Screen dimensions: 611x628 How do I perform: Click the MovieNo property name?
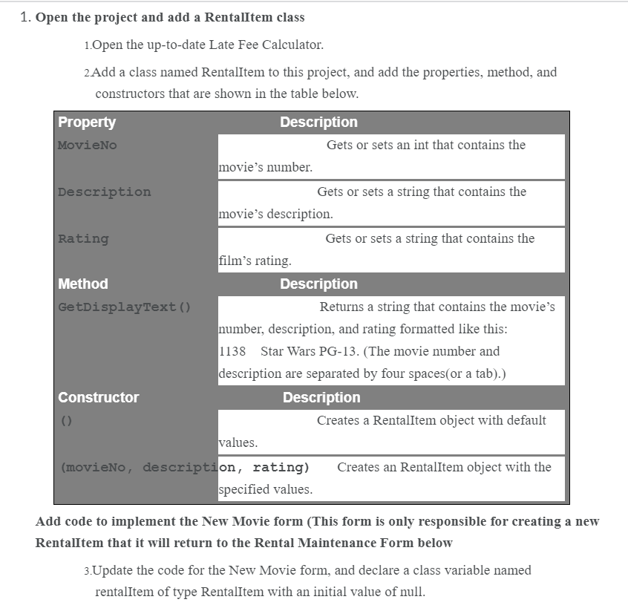coord(88,146)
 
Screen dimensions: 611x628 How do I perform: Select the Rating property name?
coord(83,239)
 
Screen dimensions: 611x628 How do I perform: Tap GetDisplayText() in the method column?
coord(125,307)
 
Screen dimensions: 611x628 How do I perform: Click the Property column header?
coord(87,122)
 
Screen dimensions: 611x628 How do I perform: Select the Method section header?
coord(83,284)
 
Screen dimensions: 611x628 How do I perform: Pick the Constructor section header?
coord(99,398)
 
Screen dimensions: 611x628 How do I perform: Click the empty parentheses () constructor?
coord(66,421)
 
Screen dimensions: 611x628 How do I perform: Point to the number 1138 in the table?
coord(233,351)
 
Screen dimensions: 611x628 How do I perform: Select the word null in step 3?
coord(409,592)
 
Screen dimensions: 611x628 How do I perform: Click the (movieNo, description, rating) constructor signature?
coord(185,468)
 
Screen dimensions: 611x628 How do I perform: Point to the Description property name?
coord(104,192)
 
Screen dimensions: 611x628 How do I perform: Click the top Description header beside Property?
coord(318,122)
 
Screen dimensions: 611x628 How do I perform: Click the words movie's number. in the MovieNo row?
coord(266,168)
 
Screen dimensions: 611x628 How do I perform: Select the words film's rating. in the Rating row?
coord(255,261)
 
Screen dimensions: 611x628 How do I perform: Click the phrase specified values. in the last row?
coord(266,490)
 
